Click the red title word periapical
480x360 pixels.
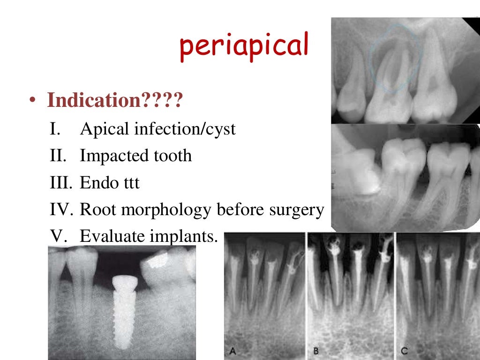pyautogui.click(x=244, y=47)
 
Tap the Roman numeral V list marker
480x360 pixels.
pyautogui.click(x=56, y=236)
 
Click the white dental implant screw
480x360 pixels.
pyautogui.click(x=123, y=309)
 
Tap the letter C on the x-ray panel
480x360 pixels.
pyautogui.click(x=404, y=351)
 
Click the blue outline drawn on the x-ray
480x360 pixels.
pyautogui.click(x=372, y=52)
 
